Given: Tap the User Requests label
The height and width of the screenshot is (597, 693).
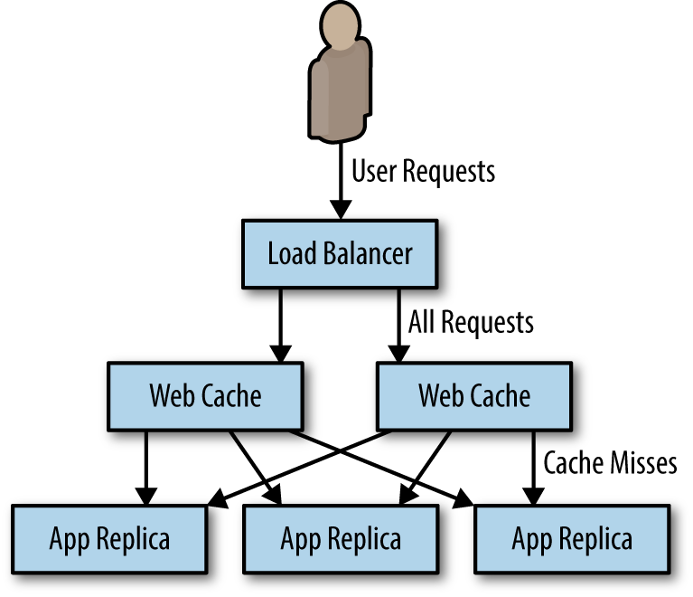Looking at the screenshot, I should point(423,170).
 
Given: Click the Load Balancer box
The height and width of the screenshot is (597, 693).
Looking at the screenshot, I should point(340,252).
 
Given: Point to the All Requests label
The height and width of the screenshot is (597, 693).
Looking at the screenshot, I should point(471,321).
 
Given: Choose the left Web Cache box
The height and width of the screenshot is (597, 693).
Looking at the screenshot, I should point(205,395).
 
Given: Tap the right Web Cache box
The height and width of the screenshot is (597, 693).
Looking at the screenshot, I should point(474,395).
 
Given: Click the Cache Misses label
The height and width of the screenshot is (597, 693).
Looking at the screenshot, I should point(610,463).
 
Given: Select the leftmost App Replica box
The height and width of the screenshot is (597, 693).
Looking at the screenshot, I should point(109,540).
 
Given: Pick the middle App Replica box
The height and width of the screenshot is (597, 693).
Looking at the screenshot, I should point(341,540).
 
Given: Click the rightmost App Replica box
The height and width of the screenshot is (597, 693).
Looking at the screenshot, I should point(572,540).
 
